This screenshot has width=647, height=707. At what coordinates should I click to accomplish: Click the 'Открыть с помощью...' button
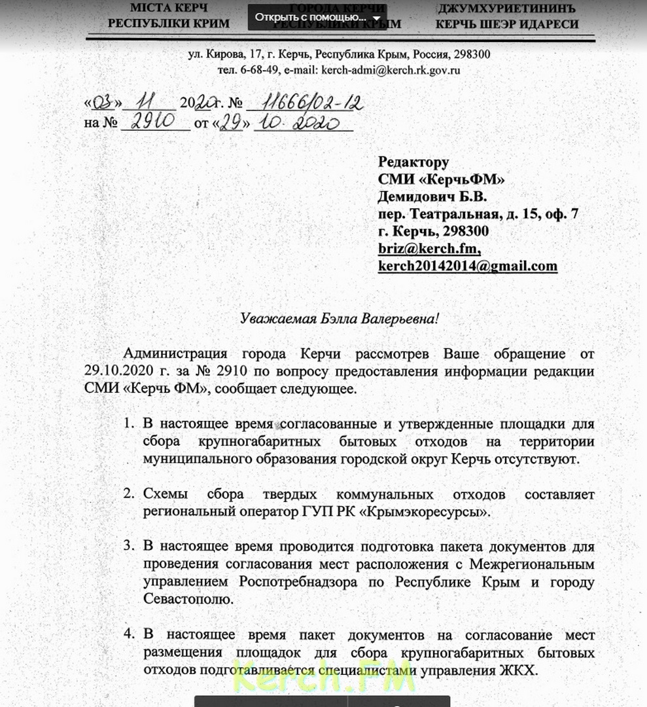[317, 17]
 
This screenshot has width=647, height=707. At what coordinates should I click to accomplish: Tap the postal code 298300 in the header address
[472, 54]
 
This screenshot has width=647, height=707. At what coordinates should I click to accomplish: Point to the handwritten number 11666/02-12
[311, 103]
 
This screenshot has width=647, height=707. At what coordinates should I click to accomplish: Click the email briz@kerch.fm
[429, 249]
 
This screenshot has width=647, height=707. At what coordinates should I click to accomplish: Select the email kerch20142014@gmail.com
[467, 266]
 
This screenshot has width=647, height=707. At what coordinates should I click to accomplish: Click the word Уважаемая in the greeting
[271, 319]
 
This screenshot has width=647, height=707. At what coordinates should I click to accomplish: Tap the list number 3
[129, 545]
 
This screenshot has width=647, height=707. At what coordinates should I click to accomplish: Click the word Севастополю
[185, 598]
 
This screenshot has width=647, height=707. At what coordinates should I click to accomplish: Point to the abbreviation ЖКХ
[521, 670]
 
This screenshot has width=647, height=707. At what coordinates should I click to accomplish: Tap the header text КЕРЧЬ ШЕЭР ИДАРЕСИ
[507, 24]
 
